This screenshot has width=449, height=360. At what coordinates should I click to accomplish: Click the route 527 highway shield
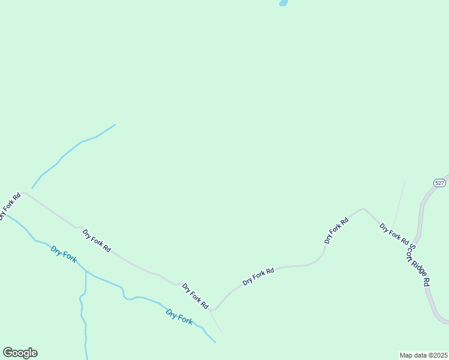tap(439, 182)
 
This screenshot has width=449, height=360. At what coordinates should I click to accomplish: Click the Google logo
tap(20, 353)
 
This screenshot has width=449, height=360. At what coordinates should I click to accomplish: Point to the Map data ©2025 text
tap(423, 355)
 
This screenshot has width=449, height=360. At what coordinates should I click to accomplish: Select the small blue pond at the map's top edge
tap(283, 2)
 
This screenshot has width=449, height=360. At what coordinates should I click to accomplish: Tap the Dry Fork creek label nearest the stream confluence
tap(64, 254)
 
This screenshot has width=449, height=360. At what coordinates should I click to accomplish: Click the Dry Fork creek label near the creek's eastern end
tap(179, 316)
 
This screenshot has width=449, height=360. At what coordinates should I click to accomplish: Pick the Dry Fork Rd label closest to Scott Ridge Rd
tap(394, 234)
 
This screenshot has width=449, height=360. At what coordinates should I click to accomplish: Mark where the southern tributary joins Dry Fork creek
tap(86, 271)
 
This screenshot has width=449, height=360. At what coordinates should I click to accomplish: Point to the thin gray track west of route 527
tap(399, 204)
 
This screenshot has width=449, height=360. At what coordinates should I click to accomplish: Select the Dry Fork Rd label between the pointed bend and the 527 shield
tap(336, 230)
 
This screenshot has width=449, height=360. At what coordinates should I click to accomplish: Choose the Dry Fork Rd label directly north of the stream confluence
tap(97, 241)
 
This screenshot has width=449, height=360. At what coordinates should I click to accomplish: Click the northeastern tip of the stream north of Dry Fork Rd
tap(115, 125)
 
